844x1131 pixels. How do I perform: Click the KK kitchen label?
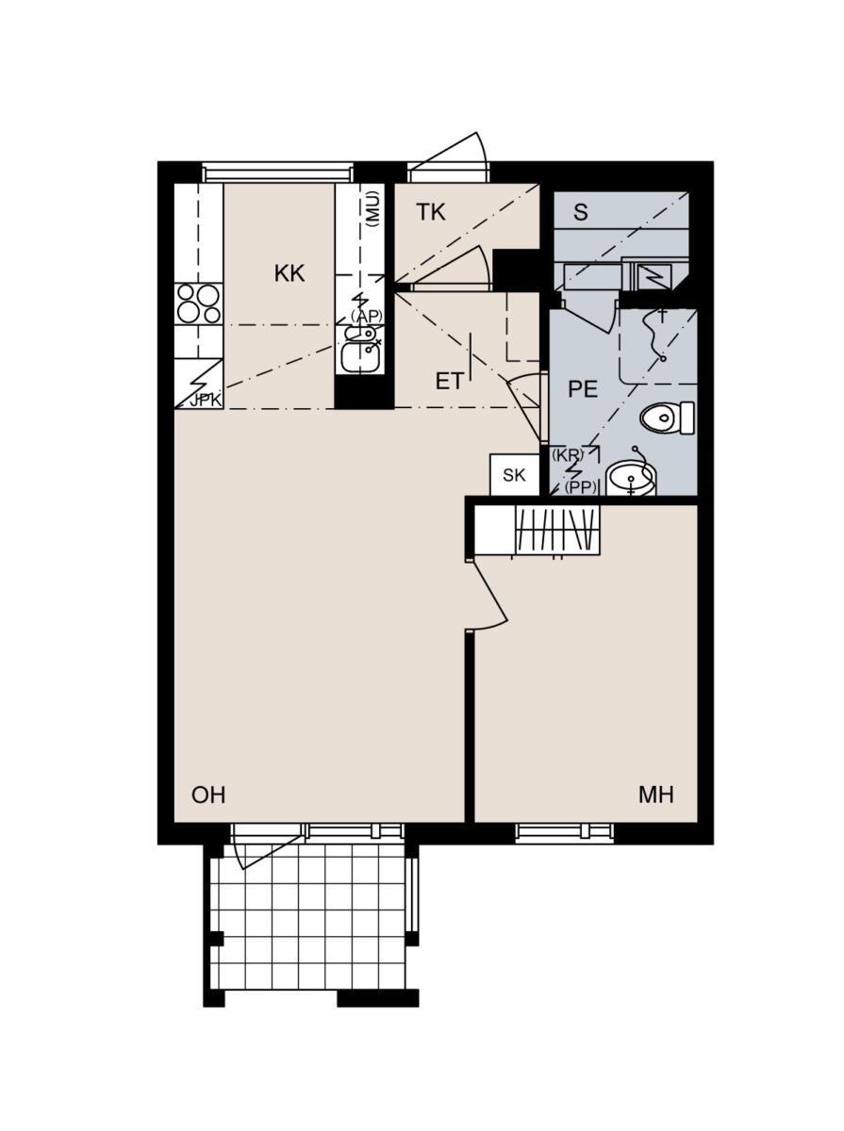pos(290,273)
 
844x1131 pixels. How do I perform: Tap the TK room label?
pos(431,212)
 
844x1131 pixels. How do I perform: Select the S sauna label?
pos(581,212)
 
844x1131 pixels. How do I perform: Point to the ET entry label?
pos(450,382)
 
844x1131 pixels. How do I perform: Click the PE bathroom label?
pos(583,389)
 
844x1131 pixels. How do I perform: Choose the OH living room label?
pos(208,795)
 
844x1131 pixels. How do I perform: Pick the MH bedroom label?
pos(655,795)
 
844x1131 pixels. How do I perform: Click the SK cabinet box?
pos(514,475)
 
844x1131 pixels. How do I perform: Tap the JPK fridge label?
pos(206,401)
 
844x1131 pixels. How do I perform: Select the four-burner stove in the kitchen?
pos(198,303)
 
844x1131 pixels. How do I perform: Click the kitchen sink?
pos(360,350)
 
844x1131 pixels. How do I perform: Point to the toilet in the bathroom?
pos(667,418)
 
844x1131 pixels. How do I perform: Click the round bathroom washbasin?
pos(630,478)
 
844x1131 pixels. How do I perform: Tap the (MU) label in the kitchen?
pos(372,209)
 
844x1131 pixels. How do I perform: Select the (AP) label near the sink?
pos(366,317)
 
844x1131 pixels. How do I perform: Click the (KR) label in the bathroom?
pos(567,455)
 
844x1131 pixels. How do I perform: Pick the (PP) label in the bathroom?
pos(581,487)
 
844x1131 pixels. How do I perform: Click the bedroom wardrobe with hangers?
pos(537,531)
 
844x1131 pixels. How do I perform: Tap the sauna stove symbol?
pos(654,278)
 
